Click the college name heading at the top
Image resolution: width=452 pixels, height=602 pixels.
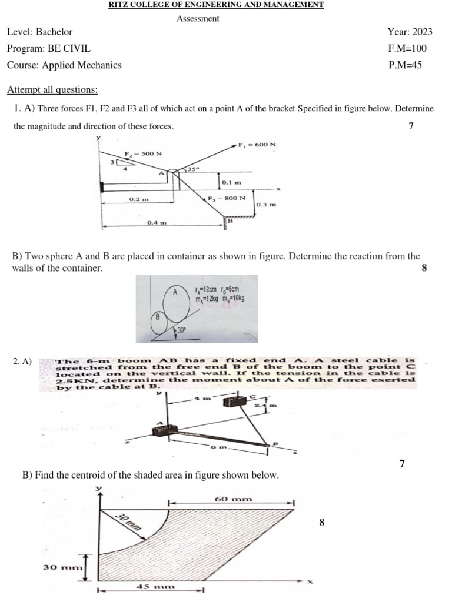coord(216,5)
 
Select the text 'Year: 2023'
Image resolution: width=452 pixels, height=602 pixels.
coord(410,32)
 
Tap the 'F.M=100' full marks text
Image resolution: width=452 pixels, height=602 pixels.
coord(407,48)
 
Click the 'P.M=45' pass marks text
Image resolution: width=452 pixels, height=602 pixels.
coord(405,65)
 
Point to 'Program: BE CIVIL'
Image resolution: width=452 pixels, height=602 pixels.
coord(49,48)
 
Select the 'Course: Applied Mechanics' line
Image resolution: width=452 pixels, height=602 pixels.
coord(64,65)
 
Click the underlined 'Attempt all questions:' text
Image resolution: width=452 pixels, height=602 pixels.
coord(52,90)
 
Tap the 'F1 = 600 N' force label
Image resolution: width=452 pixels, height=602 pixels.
coord(257,145)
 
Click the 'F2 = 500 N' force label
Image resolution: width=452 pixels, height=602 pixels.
coord(142,153)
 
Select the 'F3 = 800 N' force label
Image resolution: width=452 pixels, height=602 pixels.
coord(226,198)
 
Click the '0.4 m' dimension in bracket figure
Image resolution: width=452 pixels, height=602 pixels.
coord(157,223)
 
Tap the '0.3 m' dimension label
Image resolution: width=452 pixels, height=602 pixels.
coord(266,205)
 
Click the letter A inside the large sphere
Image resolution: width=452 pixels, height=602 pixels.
coord(175,292)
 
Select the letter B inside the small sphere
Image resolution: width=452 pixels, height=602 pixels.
coord(157,317)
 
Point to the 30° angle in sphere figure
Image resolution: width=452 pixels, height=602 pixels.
coord(181,330)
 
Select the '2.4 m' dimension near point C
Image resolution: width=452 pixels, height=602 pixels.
coord(262,406)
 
